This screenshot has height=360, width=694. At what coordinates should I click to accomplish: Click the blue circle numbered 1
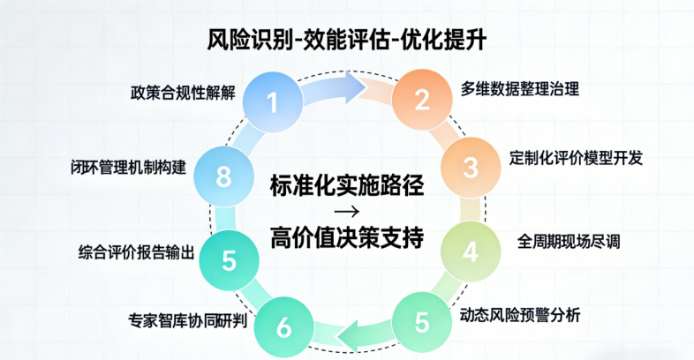(272, 103)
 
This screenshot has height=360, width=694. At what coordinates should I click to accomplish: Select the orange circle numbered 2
(422, 100)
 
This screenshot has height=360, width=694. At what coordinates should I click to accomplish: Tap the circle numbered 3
(471, 167)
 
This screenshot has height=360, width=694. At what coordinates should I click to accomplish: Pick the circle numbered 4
(470, 252)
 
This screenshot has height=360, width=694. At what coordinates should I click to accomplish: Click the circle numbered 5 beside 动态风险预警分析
(422, 322)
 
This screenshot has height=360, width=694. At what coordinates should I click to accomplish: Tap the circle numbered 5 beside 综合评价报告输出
(229, 259)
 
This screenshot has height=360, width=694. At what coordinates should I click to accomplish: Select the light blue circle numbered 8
(223, 176)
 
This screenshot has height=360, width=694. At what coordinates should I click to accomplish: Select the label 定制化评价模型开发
(576, 159)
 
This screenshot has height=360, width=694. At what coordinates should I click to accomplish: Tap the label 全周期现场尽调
(569, 242)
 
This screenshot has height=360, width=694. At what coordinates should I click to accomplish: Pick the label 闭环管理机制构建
(129, 166)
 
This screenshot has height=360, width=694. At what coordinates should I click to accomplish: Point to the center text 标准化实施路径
(347, 187)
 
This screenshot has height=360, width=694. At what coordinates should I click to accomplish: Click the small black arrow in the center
(347, 213)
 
